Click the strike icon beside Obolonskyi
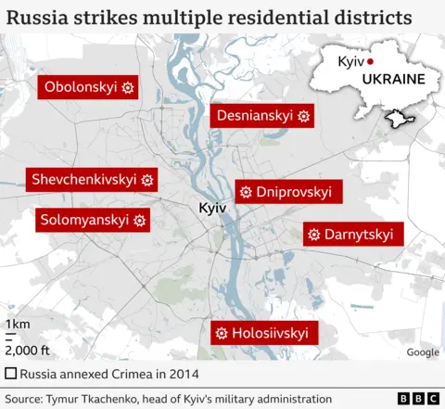(128, 87)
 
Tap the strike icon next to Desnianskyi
(303, 116)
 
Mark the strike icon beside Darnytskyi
(313, 233)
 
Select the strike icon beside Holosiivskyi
(222, 333)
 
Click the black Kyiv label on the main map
(212, 209)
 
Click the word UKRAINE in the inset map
(393, 79)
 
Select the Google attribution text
(423, 351)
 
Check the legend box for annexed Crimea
(10, 374)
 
